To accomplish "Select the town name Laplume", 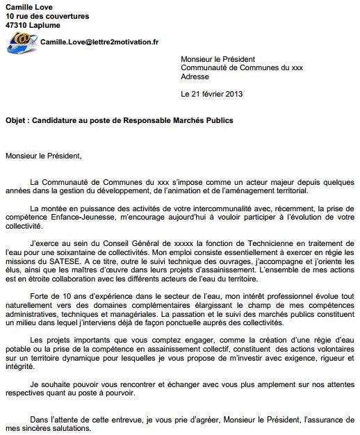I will (x=50, y=25).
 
